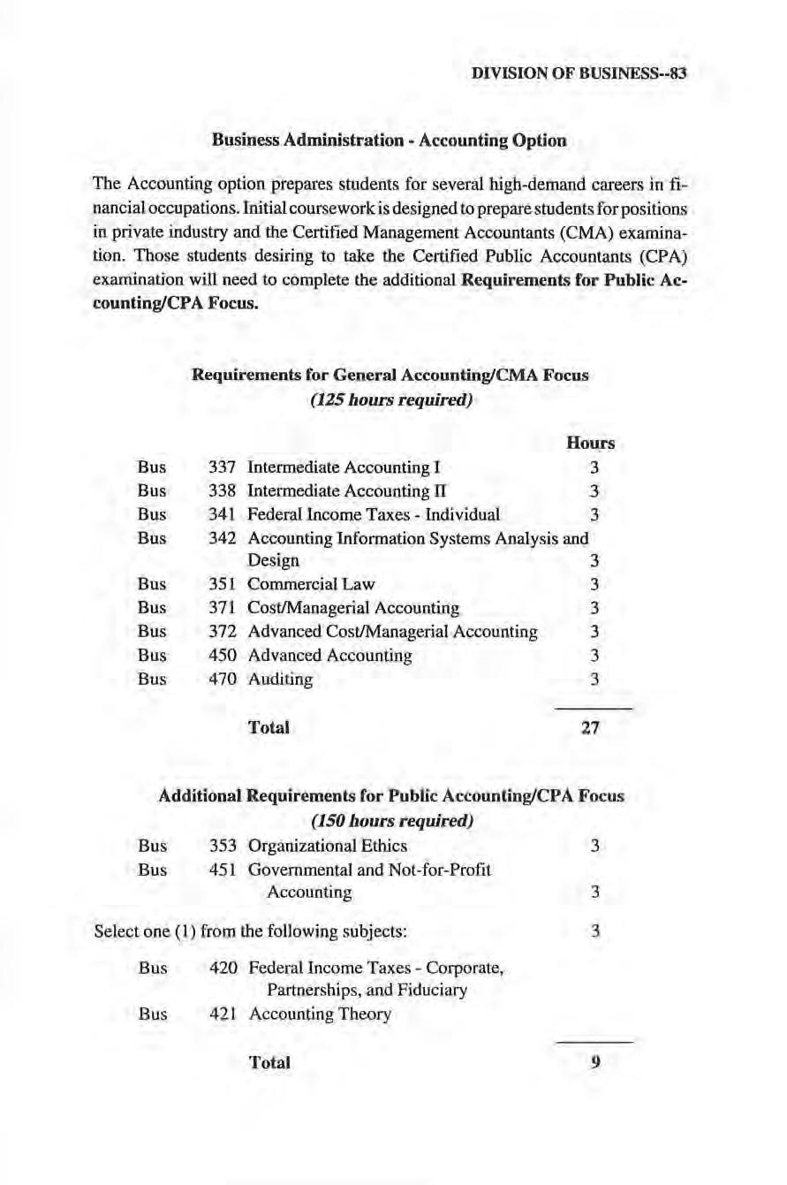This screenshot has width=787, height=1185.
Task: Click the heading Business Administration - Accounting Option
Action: tap(389, 140)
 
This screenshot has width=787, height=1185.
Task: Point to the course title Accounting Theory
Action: tap(319, 1014)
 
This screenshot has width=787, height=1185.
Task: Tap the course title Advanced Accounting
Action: tap(330, 656)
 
